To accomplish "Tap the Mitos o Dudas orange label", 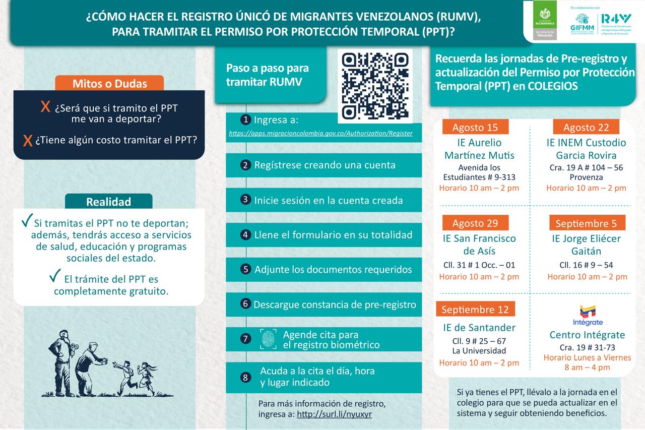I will click(109, 83).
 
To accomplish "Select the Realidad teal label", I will click(108, 202).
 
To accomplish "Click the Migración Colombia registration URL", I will click(320, 134).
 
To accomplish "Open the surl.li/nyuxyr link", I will click(335, 414).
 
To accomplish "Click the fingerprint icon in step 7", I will click(268, 339).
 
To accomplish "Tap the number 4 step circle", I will click(245, 234).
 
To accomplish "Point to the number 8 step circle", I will click(245, 377).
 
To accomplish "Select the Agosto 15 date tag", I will click(475, 127).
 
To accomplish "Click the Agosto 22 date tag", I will click(586, 127).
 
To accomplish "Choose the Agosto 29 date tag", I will click(475, 223).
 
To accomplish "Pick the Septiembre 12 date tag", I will click(475, 309).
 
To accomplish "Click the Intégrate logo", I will click(588, 315).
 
